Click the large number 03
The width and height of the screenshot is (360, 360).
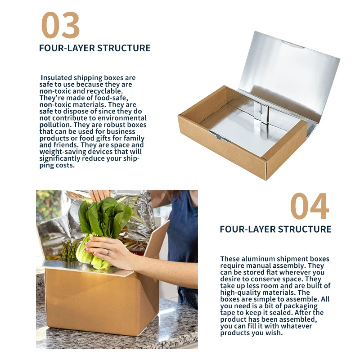click(60, 25)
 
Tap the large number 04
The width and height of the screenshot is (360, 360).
click(310, 206)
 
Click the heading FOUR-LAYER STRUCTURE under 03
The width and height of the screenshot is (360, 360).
click(95, 48)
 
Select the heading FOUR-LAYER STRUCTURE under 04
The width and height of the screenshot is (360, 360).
click(275, 229)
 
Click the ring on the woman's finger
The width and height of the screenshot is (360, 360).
click(108, 253)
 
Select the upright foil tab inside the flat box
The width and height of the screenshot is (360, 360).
click(262, 113)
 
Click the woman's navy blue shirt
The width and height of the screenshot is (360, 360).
click(183, 229)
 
